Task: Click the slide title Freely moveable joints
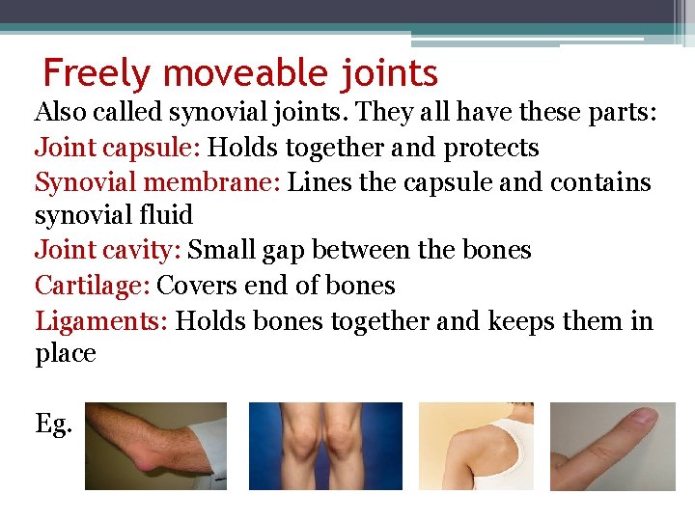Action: (240, 73)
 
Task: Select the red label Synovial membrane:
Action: (157, 181)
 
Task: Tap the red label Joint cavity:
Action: (107, 251)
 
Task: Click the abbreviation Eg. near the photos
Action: (53, 424)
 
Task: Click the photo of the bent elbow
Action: (155, 446)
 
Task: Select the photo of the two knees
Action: (325, 446)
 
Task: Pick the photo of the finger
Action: (612, 446)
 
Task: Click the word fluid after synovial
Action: (164, 216)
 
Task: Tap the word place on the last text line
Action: (66, 354)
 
